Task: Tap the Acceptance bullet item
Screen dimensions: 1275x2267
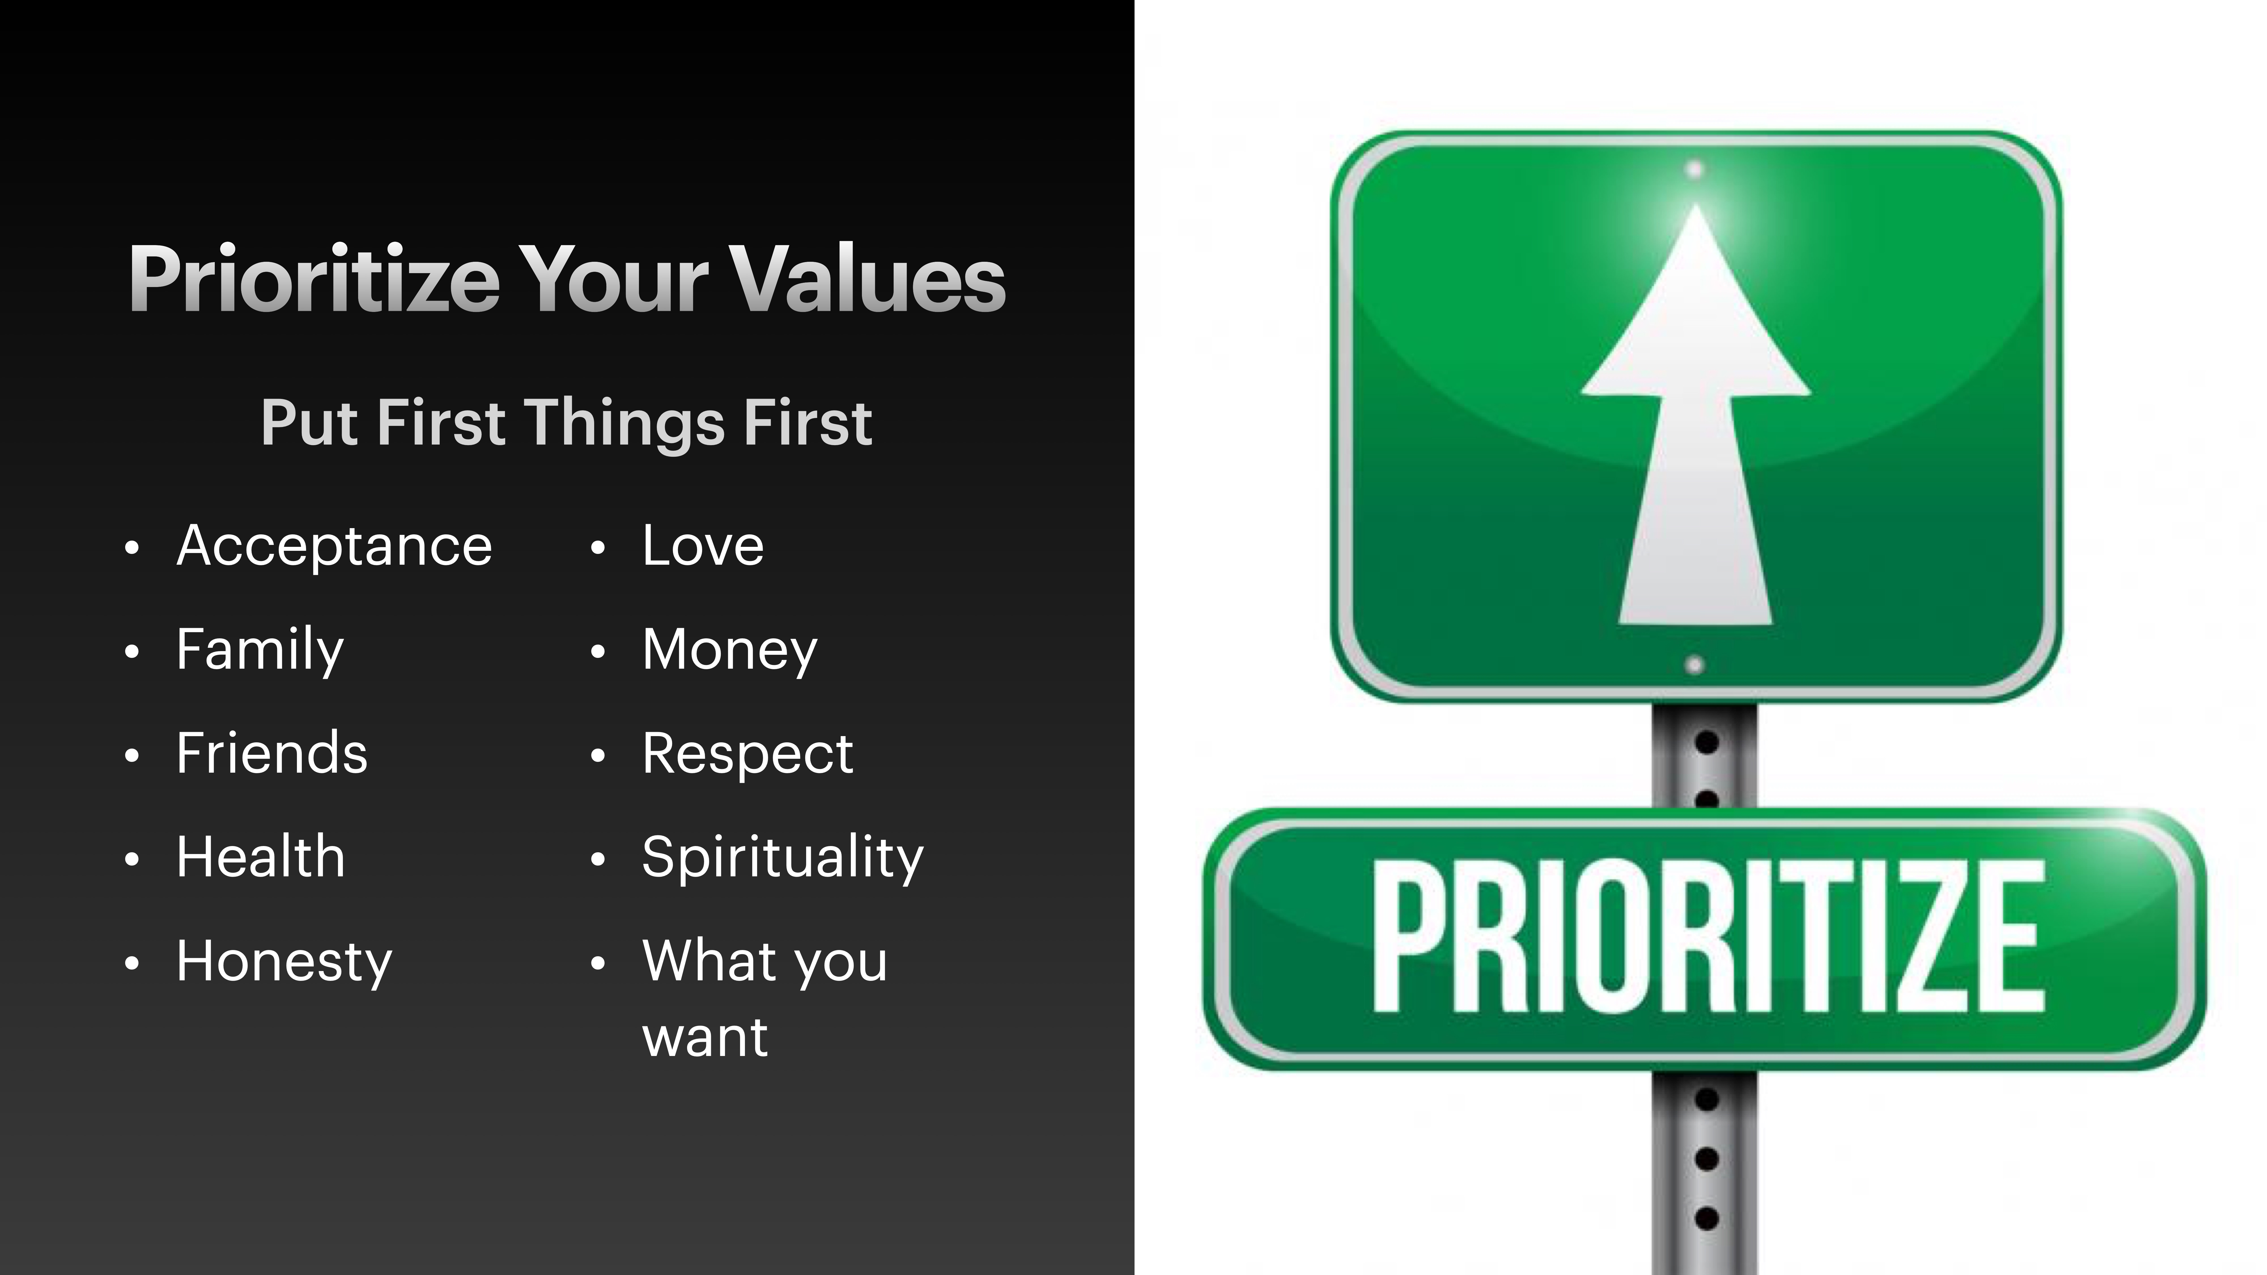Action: [334, 547]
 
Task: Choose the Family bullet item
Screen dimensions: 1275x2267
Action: [260, 650]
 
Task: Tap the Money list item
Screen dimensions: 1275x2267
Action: [730, 650]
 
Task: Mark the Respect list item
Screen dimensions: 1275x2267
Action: [747, 754]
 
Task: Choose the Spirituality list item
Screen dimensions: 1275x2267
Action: [782, 858]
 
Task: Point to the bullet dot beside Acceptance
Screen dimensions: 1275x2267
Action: [132, 548]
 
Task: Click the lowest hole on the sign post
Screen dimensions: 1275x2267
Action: [1706, 1219]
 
